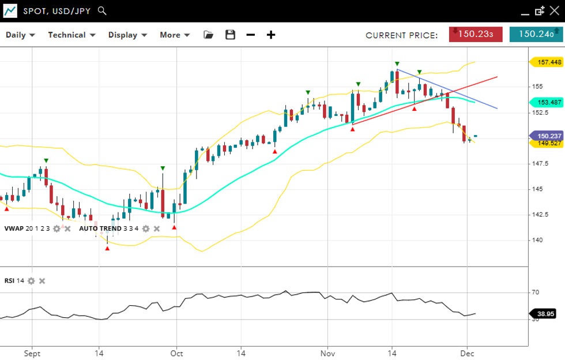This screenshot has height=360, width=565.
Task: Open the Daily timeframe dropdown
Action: click(20, 35)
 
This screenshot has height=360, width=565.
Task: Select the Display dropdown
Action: click(127, 35)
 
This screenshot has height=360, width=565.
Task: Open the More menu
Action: click(174, 35)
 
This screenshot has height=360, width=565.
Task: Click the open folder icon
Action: click(209, 35)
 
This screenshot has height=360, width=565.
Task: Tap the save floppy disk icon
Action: click(230, 35)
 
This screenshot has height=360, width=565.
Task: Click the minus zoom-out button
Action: click(250, 35)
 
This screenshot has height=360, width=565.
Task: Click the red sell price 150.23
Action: click(476, 34)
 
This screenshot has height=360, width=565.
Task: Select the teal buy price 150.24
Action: click(536, 34)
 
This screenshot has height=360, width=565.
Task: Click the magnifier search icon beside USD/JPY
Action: click(102, 10)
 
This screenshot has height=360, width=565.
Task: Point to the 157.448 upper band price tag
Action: click(545, 62)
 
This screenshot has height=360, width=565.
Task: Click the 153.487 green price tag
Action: click(545, 102)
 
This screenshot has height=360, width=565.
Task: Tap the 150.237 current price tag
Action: click(545, 136)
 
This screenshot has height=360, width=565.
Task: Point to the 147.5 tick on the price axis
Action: click(537, 164)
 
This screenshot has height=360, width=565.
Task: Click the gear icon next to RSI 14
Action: click(31, 281)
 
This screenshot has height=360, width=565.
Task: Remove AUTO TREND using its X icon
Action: click(156, 228)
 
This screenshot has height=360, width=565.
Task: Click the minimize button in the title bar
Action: click(524, 11)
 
